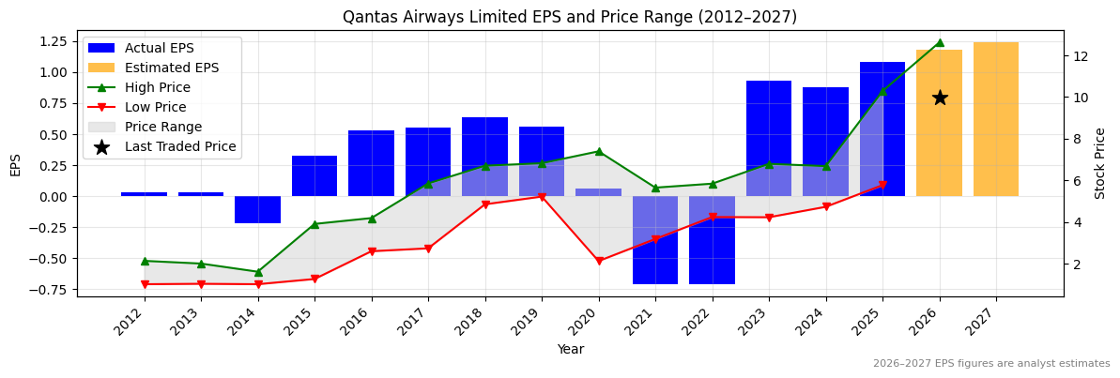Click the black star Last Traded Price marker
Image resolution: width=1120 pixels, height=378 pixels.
940,98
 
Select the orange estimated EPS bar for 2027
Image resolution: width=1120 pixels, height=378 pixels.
996,119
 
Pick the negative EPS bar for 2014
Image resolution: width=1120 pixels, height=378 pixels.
257,209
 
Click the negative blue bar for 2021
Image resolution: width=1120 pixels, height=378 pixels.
655,239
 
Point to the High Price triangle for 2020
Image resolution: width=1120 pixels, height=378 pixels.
599,151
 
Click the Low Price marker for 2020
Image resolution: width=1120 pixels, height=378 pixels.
599,261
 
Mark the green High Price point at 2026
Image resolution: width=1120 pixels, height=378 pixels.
940,42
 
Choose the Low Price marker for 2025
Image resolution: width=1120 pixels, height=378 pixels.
882,185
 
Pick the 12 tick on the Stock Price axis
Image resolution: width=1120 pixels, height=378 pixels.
1081,56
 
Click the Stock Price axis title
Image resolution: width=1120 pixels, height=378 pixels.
1100,163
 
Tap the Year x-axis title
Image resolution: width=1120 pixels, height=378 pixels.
570,350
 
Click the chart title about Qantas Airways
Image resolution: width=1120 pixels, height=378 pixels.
570,17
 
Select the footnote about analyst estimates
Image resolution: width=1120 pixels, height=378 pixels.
991,364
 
